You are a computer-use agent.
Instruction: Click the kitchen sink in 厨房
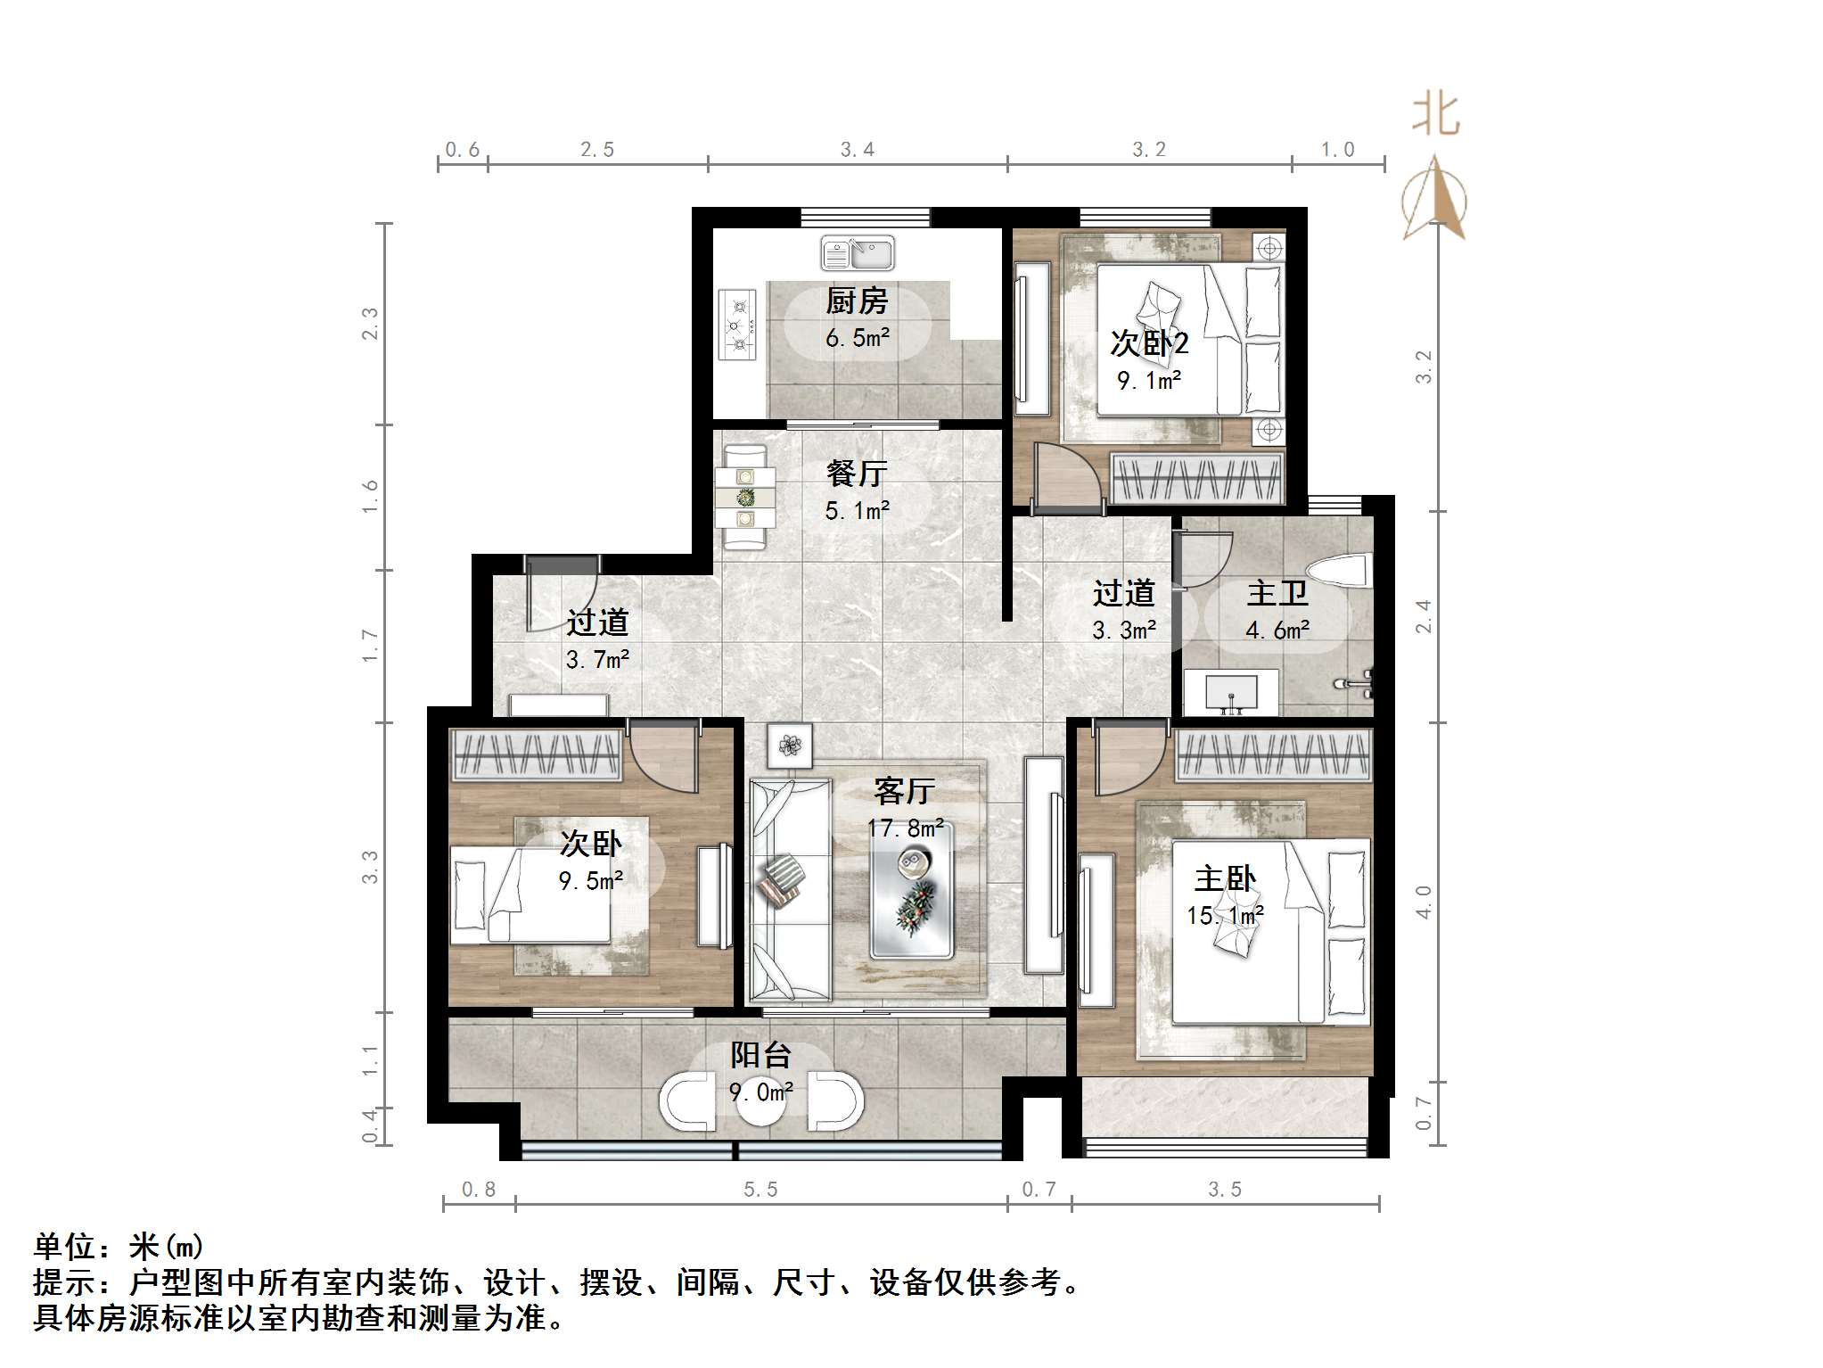[857, 253]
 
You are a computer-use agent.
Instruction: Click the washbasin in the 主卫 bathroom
[1231, 692]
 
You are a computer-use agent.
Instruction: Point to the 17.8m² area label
[905, 828]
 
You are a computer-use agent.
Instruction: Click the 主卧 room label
[1225, 878]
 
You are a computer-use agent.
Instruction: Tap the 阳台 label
[760, 1055]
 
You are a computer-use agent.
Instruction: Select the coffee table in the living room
[912, 890]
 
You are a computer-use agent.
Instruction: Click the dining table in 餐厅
[745, 498]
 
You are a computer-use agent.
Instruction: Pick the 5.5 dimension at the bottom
[760, 1190]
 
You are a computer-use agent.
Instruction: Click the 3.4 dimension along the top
[857, 150]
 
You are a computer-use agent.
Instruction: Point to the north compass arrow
[1433, 198]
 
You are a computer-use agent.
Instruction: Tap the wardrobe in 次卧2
[1197, 478]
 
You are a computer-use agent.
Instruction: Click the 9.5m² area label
[590, 881]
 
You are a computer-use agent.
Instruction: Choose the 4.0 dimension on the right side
[1423, 902]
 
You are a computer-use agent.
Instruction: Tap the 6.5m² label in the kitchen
[857, 338]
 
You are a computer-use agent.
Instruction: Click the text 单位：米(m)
[119, 1246]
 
